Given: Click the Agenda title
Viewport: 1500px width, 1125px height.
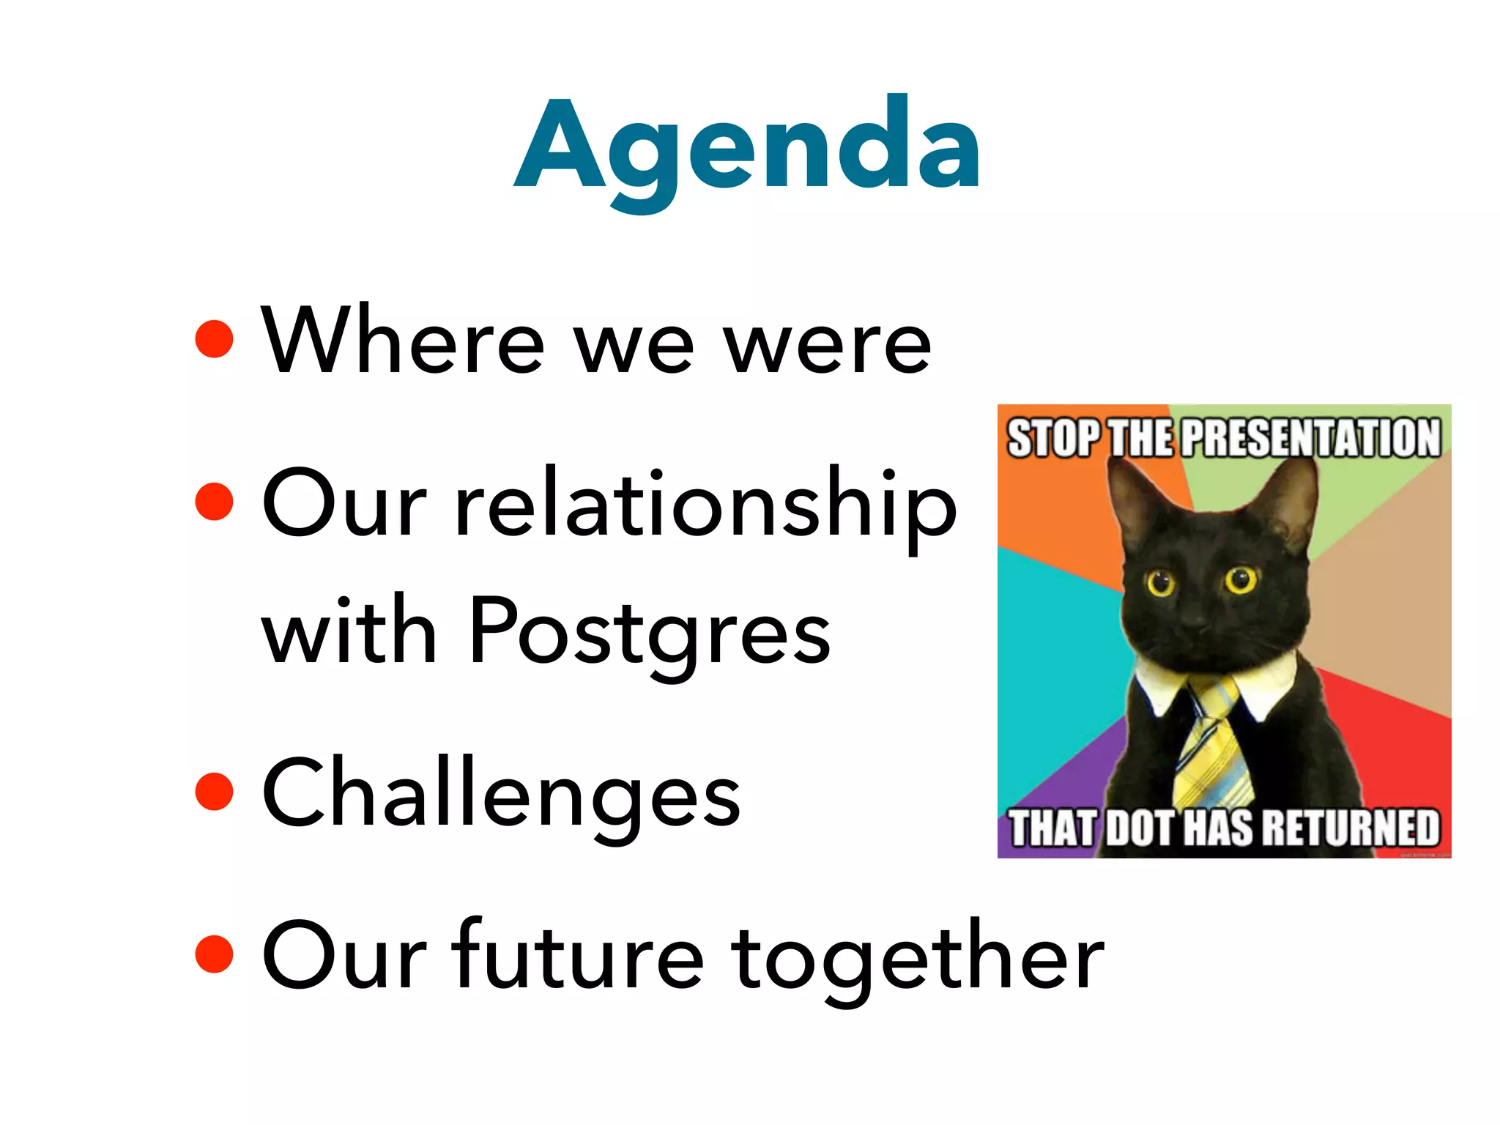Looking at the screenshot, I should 747,146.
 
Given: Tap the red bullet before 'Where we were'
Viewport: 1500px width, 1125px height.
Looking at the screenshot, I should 215,339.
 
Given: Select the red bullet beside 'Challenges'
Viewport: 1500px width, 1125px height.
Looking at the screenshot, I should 215,792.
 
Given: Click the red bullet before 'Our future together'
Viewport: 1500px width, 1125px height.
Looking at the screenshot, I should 215,954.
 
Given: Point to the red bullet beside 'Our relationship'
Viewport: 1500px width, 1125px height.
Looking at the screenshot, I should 215,502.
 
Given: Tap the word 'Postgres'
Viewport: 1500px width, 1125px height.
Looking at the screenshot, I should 649,631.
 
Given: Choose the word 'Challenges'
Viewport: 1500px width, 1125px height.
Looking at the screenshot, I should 502,795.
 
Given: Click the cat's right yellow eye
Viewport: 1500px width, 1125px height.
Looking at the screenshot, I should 1241,579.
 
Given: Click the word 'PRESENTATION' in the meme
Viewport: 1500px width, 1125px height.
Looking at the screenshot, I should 1311,438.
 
